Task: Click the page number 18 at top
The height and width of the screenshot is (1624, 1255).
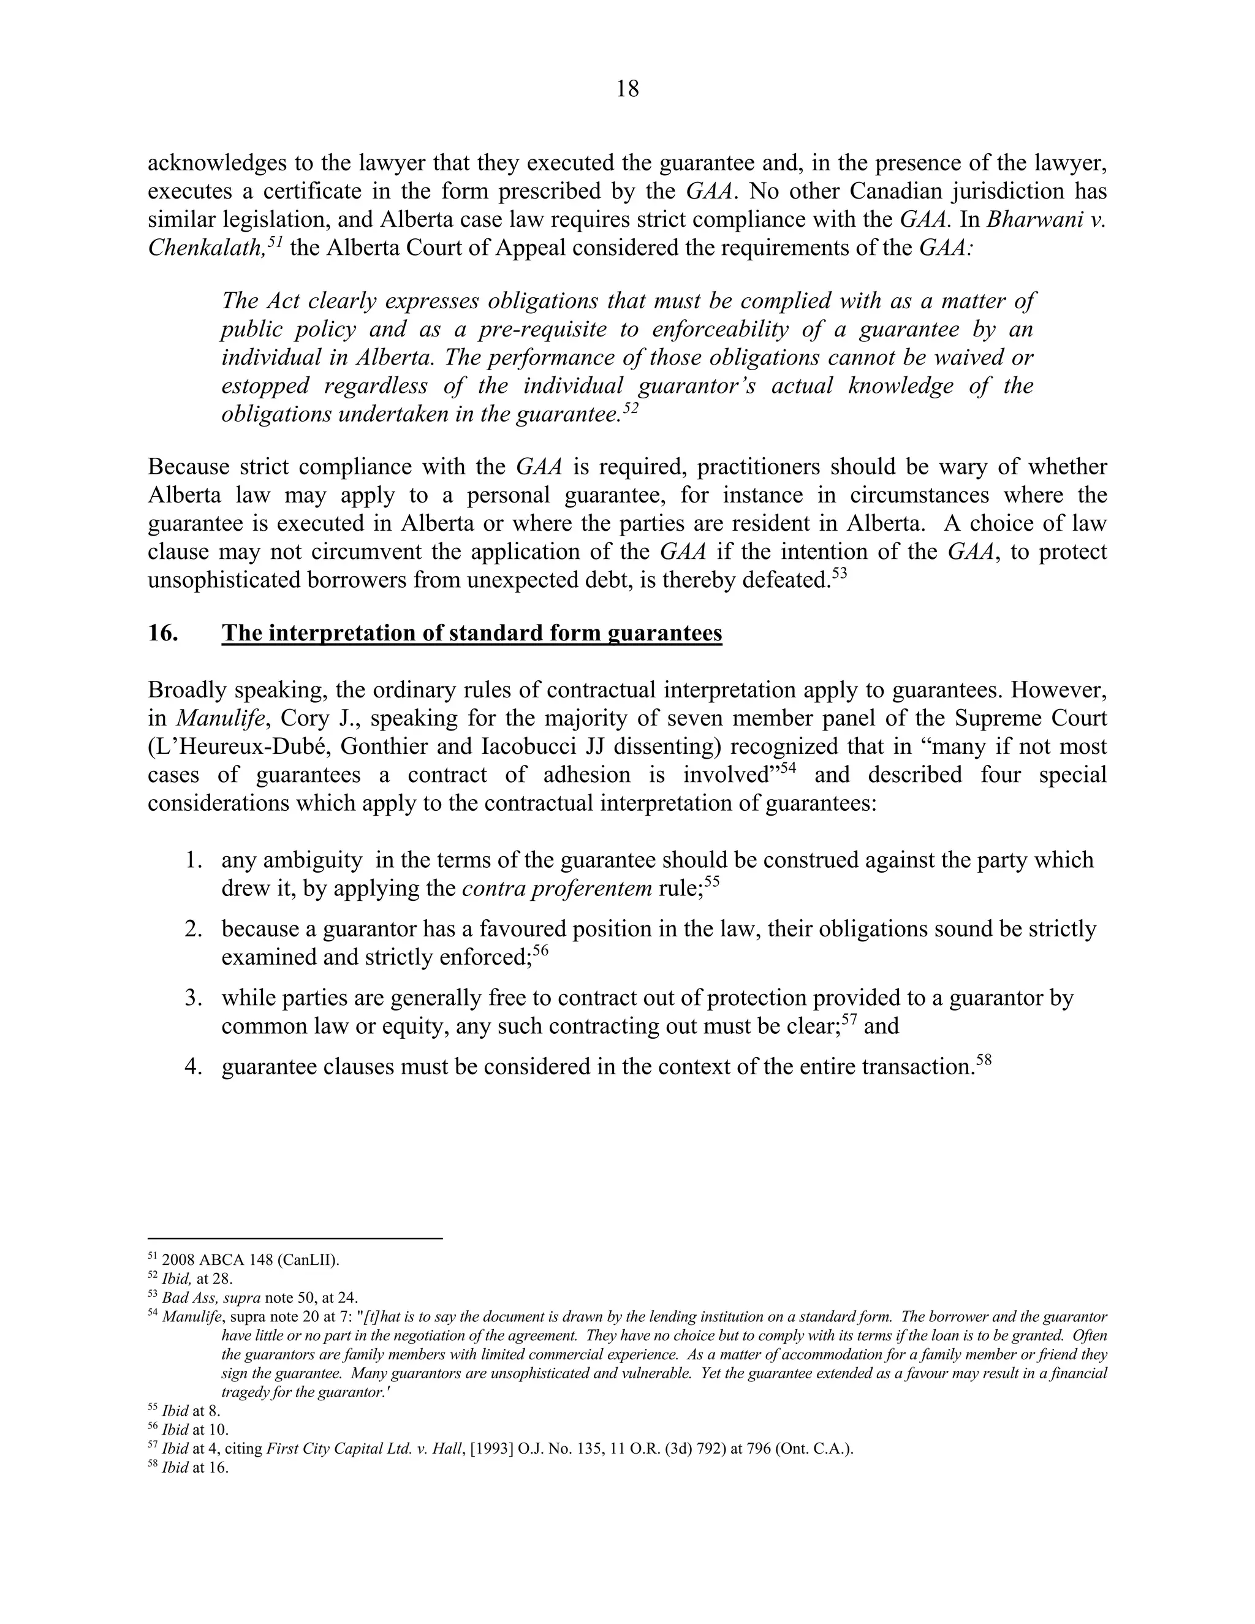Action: tap(627, 89)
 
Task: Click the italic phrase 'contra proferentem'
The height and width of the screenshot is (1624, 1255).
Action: tap(556, 889)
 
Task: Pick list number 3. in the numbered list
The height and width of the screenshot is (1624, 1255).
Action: tap(194, 998)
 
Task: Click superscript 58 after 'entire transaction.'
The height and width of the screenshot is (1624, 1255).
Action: tap(984, 1060)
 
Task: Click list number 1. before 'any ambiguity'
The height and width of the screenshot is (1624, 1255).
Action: tap(194, 860)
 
